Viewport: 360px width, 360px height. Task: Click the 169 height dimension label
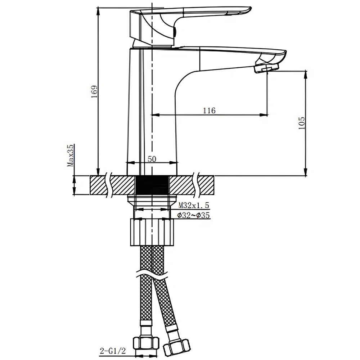click(x=94, y=93)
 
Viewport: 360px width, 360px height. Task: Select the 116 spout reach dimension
click(x=209, y=111)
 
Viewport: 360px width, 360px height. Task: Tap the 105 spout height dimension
click(x=302, y=123)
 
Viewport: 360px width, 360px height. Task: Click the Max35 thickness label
click(x=71, y=156)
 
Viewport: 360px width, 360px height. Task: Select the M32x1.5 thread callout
click(x=194, y=206)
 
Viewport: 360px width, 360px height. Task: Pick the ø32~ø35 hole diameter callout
click(x=194, y=216)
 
